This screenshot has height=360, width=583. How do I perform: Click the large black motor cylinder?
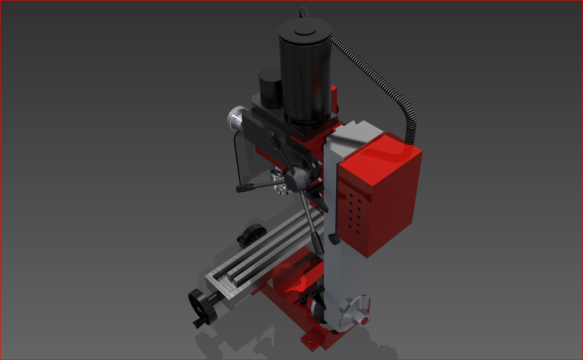(304, 79)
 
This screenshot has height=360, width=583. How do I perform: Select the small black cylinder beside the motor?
(270, 88)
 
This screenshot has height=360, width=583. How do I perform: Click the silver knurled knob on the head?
(237, 117)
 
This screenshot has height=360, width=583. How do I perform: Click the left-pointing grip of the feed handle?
(245, 189)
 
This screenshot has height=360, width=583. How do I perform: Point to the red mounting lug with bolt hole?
(313, 340)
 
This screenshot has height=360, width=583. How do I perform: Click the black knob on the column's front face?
(333, 240)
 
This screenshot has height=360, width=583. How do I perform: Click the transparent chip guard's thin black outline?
(236, 158)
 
